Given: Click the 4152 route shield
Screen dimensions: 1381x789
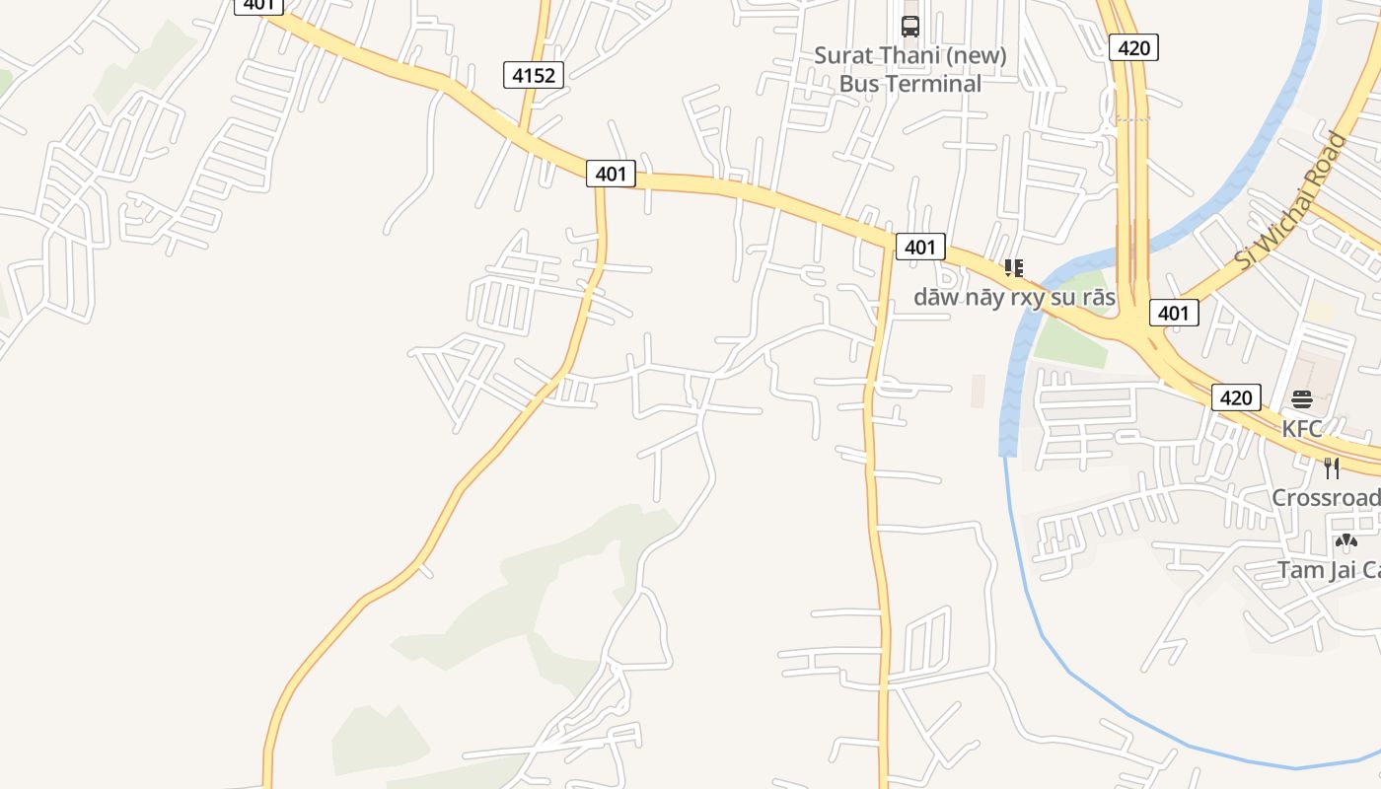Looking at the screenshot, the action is click(533, 75).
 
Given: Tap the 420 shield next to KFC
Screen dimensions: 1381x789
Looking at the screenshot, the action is click(1235, 397).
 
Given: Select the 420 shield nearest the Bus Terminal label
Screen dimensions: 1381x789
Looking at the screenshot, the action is click(1132, 47).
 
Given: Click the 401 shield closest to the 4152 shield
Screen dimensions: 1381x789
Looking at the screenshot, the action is click(611, 174).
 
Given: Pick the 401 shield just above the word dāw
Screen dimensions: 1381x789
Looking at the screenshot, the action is click(919, 247).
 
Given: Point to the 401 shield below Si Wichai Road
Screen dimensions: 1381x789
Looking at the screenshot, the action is click(1173, 313).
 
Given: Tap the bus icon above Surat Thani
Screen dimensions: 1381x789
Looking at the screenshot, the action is click(909, 27).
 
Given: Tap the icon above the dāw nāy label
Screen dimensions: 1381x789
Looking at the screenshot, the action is click(1013, 267).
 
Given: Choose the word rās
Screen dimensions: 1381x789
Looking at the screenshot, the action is click(1098, 297).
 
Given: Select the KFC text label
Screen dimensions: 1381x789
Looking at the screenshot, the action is click(1301, 429).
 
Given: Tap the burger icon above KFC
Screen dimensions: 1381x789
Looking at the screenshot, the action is click(1301, 399).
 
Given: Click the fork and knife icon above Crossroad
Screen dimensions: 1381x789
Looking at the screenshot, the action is click(1332, 467).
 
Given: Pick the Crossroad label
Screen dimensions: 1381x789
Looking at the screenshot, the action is click(1325, 497).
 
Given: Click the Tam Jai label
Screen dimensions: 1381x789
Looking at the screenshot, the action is click(1328, 570).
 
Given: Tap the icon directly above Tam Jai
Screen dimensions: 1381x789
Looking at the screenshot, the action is click(1345, 540).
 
